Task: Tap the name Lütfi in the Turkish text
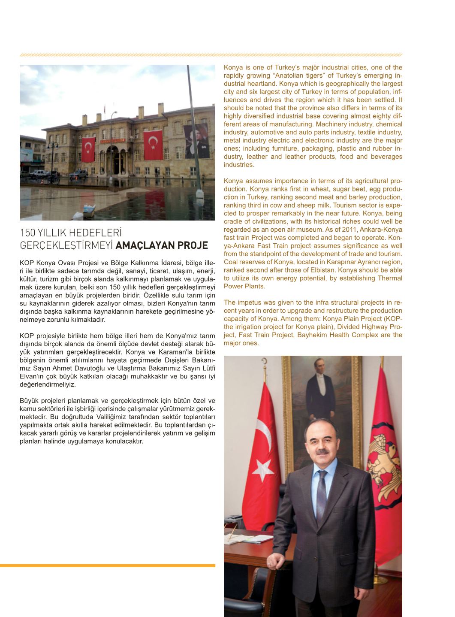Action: click(x=207, y=368)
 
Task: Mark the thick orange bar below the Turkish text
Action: click(x=107, y=566)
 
